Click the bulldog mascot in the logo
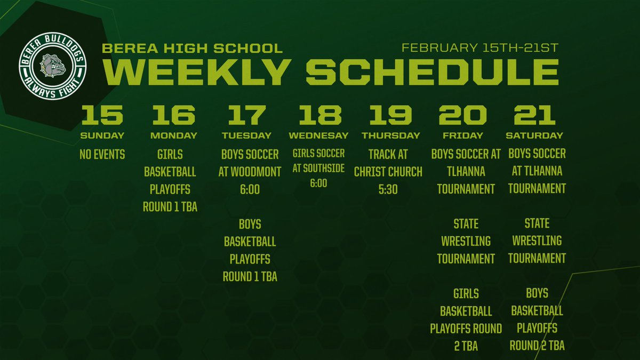click(52, 66)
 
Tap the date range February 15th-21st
click(480, 47)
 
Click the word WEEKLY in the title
click(197, 71)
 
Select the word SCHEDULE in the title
click(433, 71)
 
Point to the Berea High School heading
click(192, 48)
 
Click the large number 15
click(102, 115)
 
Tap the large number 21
click(534, 115)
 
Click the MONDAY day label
click(174, 135)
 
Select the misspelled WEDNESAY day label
click(318, 135)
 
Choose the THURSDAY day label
click(391, 135)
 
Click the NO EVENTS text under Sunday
click(102, 155)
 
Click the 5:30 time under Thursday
click(388, 189)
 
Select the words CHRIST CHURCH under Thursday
click(388, 172)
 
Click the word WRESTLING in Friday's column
click(466, 241)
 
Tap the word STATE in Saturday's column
click(537, 223)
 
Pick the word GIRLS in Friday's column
click(466, 293)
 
